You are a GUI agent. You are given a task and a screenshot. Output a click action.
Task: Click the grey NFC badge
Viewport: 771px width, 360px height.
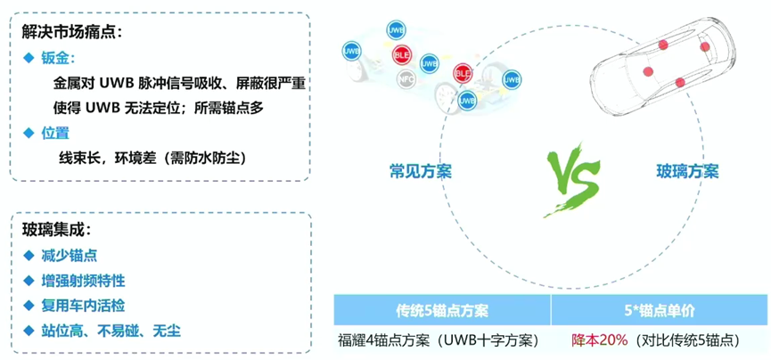coord(406,78)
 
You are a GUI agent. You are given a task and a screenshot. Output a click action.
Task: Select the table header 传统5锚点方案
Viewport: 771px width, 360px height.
coord(442,310)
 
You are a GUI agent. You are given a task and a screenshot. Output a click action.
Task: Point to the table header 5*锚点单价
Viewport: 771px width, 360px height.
coord(659,310)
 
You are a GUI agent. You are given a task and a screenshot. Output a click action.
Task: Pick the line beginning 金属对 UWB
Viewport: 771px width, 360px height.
coord(178,84)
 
